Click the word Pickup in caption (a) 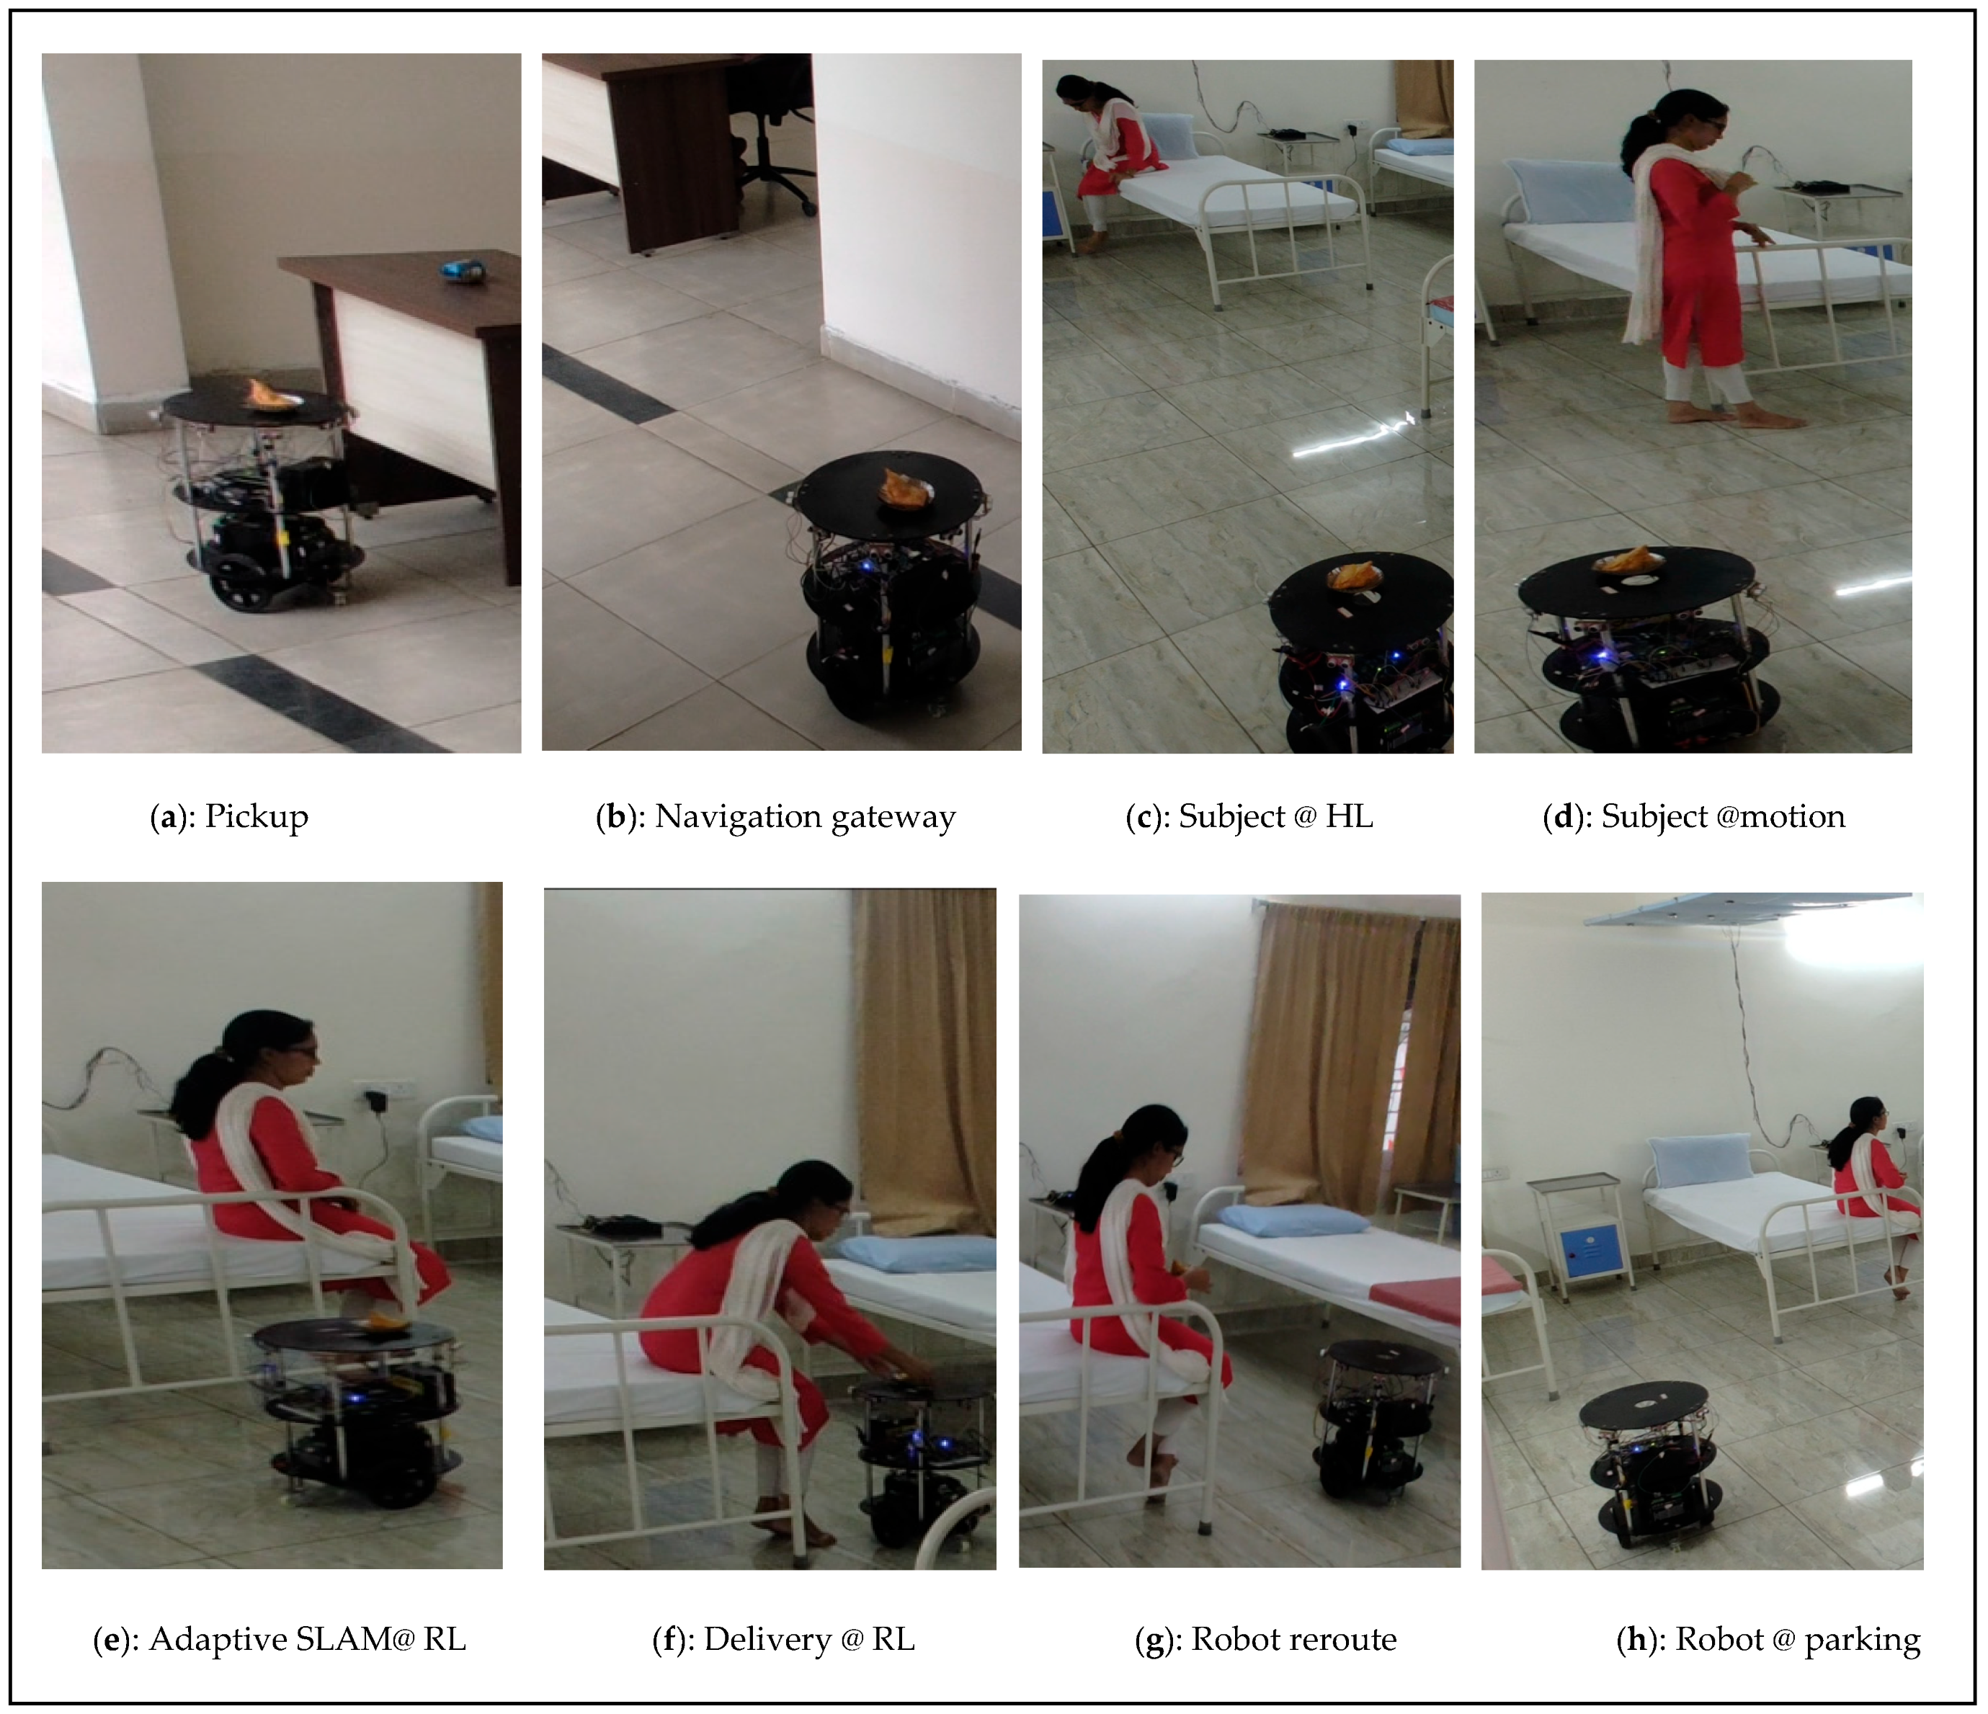tap(257, 817)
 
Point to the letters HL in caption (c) tap(1349, 816)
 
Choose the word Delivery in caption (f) tap(767, 1640)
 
